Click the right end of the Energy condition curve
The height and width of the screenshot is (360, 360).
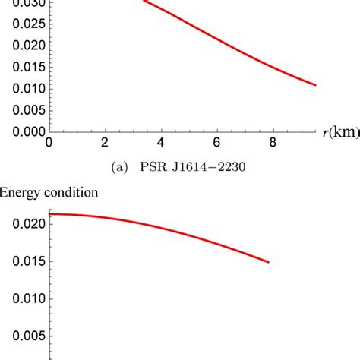pos(268,263)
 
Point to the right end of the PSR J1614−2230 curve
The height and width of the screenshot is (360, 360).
pos(315,85)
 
